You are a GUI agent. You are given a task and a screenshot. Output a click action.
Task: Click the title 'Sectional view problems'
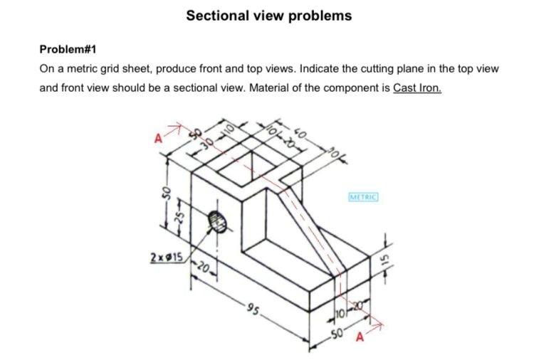(x=268, y=16)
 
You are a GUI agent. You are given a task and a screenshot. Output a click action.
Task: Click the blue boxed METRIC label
(x=363, y=195)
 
